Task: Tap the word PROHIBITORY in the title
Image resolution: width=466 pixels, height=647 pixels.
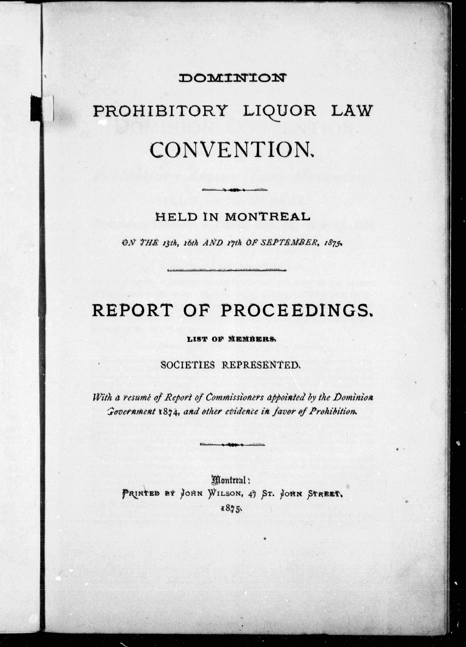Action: pos(161,111)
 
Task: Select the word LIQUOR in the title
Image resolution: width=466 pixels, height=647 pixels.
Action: pos(280,111)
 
